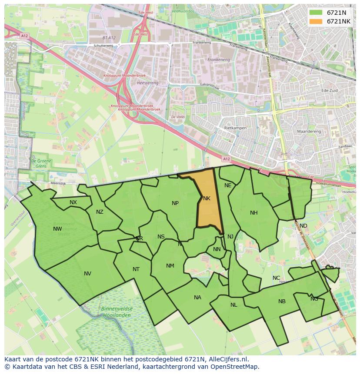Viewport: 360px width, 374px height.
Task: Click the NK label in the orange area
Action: click(x=207, y=199)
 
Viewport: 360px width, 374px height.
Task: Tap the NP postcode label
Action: click(x=175, y=203)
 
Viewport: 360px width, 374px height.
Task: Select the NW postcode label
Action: click(x=57, y=229)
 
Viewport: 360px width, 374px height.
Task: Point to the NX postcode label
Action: click(x=73, y=202)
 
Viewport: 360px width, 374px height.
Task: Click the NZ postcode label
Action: click(x=100, y=212)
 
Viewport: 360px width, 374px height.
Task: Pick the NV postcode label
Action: click(x=88, y=274)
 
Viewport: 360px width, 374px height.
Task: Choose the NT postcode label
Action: click(x=136, y=269)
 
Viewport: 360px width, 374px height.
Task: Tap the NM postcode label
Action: click(x=170, y=266)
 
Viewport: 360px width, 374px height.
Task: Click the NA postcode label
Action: click(x=198, y=298)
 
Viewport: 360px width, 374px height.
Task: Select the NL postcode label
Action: click(x=234, y=305)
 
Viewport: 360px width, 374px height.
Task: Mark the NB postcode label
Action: click(x=282, y=301)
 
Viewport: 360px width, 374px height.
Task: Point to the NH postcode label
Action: click(x=254, y=213)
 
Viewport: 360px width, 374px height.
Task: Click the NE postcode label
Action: click(x=228, y=185)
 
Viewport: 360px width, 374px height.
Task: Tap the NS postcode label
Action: click(x=161, y=237)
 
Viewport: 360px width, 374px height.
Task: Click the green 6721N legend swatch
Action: click(x=316, y=13)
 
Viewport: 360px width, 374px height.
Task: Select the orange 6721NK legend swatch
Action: click(x=316, y=21)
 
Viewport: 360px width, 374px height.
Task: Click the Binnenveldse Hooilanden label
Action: click(x=116, y=312)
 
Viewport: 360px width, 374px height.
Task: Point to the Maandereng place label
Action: click(x=308, y=131)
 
